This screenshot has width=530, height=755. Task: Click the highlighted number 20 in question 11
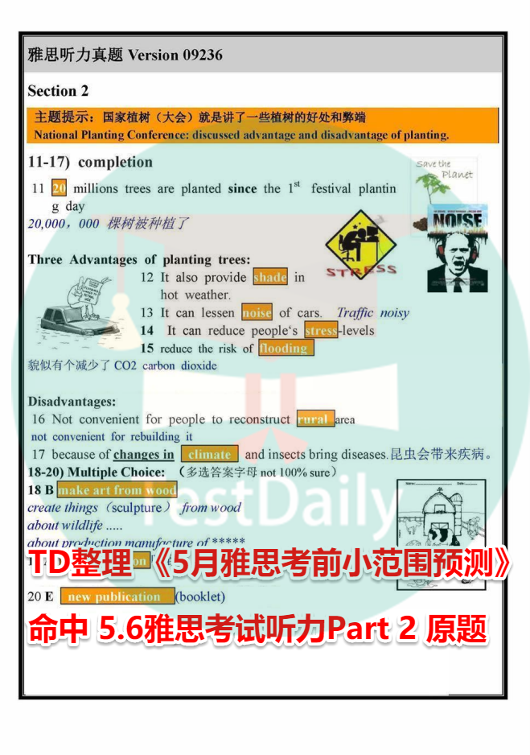pyautogui.click(x=59, y=188)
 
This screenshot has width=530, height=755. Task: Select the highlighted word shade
pyautogui.click(x=270, y=277)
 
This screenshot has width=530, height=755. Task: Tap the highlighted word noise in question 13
pyautogui.click(x=257, y=312)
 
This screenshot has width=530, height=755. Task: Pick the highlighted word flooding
pyautogui.click(x=286, y=348)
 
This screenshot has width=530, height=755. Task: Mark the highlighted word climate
pyautogui.click(x=210, y=455)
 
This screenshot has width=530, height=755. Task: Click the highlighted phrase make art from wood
pyautogui.click(x=117, y=490)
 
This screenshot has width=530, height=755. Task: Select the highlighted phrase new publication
pyautogui.click(x=115, y=596)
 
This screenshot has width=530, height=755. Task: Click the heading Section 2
pyautogui.click(x=58, y=91)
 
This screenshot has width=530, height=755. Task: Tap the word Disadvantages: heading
pyautogui.click(x=72, y=401)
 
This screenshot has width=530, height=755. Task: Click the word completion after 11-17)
pyautogui.click(x=115, y=162)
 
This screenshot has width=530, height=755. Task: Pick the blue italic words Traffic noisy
pyautogui.click(x=372, y=312)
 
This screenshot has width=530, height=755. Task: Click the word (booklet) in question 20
pyautogui.click(x=200, y=596)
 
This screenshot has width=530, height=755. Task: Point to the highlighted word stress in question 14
pyautogui.click(x=321, y=330)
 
